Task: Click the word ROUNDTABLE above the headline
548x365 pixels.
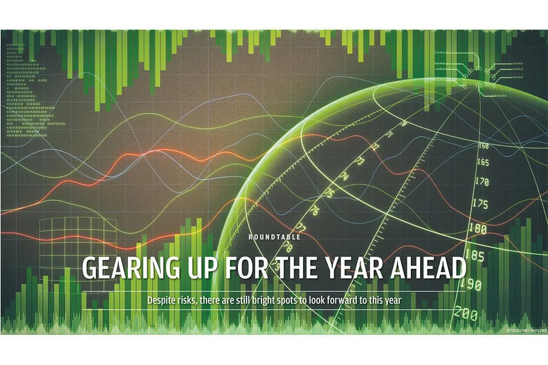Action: (x=274, y=237)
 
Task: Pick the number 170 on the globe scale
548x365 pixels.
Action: (x=482, y=182)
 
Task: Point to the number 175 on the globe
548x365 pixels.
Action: (x=480, y=203)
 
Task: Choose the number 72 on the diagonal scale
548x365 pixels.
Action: (x=375, y=146)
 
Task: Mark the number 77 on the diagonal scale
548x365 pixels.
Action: (x=301, y=227)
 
